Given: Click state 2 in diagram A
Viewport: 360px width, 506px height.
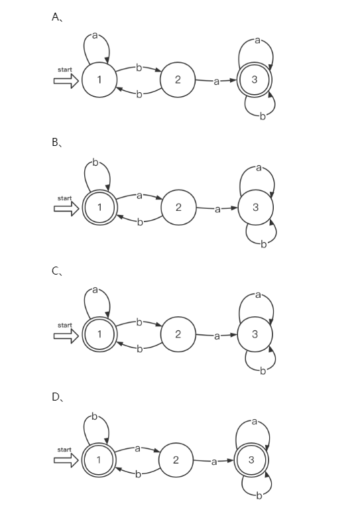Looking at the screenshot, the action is [178, 80].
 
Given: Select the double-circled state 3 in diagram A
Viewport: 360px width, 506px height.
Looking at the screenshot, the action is [255, 80].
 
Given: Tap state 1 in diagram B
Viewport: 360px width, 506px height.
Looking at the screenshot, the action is [99, 207].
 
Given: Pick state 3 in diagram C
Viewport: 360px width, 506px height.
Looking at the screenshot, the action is [255, 334].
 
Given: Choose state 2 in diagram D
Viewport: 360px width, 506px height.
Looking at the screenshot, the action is [176, 460].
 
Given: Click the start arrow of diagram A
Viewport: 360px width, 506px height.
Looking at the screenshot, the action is [66, 81].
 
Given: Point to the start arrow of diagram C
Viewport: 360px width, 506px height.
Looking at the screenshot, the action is [66, 336].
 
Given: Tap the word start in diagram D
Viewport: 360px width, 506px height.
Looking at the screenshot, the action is [64, 450].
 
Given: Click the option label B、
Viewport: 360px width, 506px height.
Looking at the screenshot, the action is [57, 143].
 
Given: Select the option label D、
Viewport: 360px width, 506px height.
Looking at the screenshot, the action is [57, 397].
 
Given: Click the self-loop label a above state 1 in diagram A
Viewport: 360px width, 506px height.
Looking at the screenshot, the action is [95, 36].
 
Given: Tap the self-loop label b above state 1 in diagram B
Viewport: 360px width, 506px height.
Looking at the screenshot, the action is [95, 162].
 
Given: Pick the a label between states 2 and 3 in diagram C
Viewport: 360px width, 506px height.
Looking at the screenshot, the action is [217, 336].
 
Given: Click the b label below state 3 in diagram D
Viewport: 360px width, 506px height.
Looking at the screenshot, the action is [259, 495].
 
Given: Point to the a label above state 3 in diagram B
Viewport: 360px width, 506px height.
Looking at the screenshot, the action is [259, 168].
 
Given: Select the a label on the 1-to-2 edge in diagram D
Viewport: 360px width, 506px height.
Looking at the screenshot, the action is [137, 448].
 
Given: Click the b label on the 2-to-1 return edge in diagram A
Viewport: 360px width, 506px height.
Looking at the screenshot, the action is [139, 94].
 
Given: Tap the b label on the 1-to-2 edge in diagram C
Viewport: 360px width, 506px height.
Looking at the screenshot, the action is [139, 322].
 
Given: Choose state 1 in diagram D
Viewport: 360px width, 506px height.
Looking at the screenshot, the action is [98, 460].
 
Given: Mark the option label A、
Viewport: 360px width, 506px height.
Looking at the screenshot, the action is [57, 17].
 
